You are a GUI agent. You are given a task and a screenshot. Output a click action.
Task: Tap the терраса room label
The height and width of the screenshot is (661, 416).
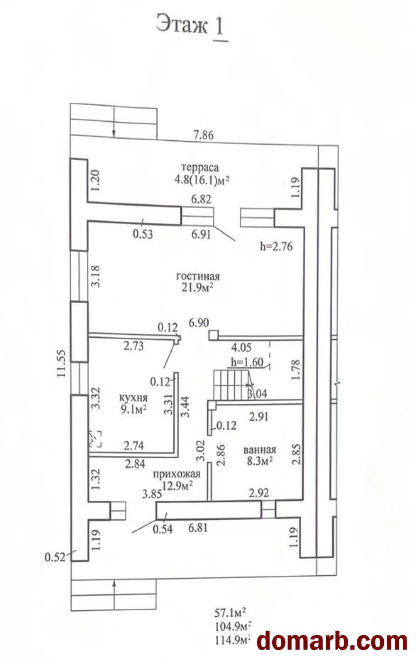pos(201,167)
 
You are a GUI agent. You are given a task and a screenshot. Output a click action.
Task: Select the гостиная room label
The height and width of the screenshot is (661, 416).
pos(198,276)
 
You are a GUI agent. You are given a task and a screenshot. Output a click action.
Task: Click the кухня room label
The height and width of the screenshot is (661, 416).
pos(133,398)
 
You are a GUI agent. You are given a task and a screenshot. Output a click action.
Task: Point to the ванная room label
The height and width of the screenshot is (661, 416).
pos(260,450)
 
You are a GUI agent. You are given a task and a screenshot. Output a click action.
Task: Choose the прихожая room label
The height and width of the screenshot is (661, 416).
pos(177,474)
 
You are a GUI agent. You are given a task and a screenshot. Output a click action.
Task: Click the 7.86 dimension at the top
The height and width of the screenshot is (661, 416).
pos(204,135)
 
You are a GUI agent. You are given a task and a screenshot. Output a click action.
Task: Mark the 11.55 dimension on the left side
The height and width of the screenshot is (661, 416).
pos(62,363)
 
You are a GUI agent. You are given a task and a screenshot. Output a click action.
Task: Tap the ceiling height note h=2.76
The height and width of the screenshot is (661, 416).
pos(276,246)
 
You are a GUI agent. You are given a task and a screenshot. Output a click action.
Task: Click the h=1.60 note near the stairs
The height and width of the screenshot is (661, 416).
pos(247,362)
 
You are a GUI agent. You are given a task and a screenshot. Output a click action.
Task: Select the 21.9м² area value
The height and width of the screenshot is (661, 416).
pos(197,287)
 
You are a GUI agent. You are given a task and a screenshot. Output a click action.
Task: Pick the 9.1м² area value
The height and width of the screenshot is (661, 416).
pos(133,409)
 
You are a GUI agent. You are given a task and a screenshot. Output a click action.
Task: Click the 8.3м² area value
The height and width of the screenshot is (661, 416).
pos(259,461)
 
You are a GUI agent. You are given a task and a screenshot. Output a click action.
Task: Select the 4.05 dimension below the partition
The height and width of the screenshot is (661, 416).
pos(241,348)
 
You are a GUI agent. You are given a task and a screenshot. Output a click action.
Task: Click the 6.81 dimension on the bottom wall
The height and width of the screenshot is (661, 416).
pos(198,527)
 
